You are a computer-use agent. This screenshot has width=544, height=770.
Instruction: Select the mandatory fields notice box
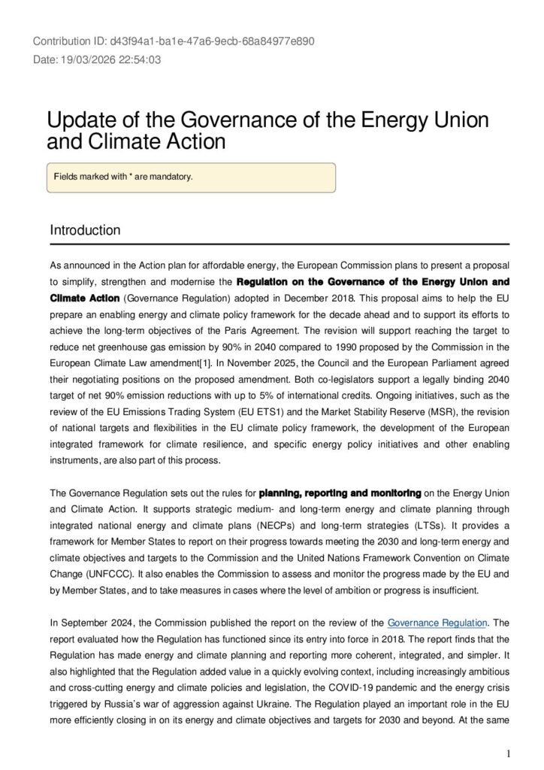coord(191,177)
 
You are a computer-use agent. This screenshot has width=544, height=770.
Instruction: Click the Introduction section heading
coord(85,229)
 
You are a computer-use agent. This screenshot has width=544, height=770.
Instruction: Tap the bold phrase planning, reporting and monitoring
coord(340,494)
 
